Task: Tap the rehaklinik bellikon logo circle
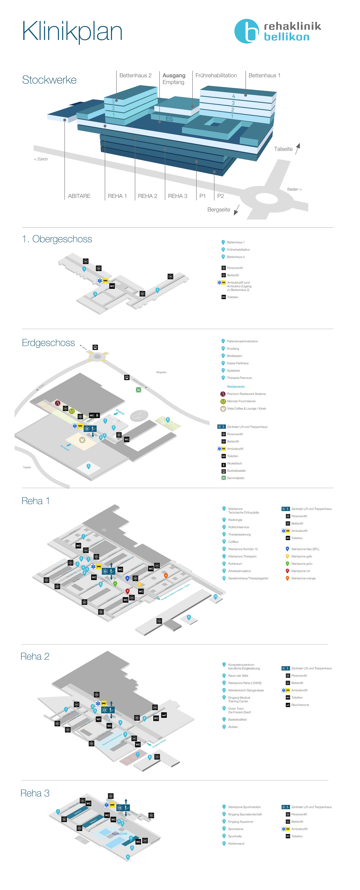(x=246, y=31)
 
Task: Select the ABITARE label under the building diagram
(x=79, y=196)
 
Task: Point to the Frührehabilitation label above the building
(x=216, y=75)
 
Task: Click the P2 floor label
(x=220, y=196)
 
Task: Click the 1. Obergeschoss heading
(x=57, y=239)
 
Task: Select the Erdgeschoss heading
(x=48, y=343)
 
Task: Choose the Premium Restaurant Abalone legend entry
(x=246, y=394)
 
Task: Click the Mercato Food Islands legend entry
(x=241, y=401)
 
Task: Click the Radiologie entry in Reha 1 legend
(x=235, y=520)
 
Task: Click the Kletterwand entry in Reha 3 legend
(x=236, y=843)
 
